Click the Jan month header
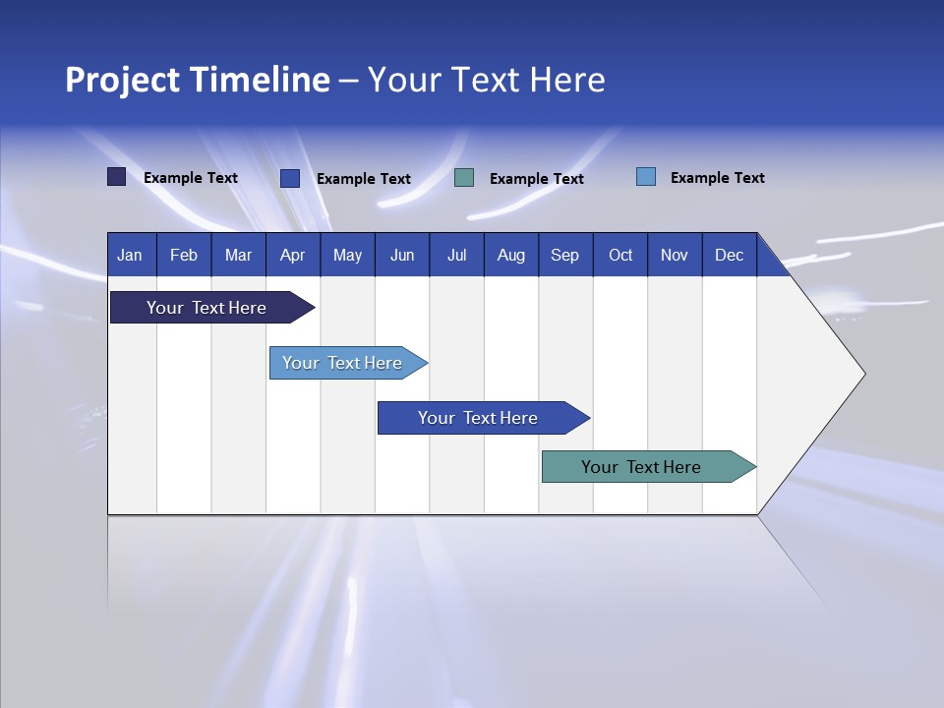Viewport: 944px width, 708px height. point(130,256)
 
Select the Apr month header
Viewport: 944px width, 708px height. point(292,256)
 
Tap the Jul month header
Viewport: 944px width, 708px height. point(456,256)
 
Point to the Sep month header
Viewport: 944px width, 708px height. point(564,256)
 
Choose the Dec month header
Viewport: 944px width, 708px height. point(729,256)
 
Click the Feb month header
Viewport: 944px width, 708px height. point(184,256)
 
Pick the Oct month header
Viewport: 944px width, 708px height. point(620,256)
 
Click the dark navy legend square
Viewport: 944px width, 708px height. point(117,177)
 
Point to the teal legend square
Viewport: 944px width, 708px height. point(464,178)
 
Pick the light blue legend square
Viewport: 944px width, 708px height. point(646,177)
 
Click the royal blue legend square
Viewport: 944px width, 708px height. point(290,178)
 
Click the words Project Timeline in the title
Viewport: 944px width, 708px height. point(198,80)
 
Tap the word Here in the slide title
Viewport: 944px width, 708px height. point(567,80)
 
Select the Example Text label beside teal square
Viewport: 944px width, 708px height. point(536,179)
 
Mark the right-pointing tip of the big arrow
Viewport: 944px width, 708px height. point(862,374)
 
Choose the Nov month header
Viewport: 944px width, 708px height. point(675,256)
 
